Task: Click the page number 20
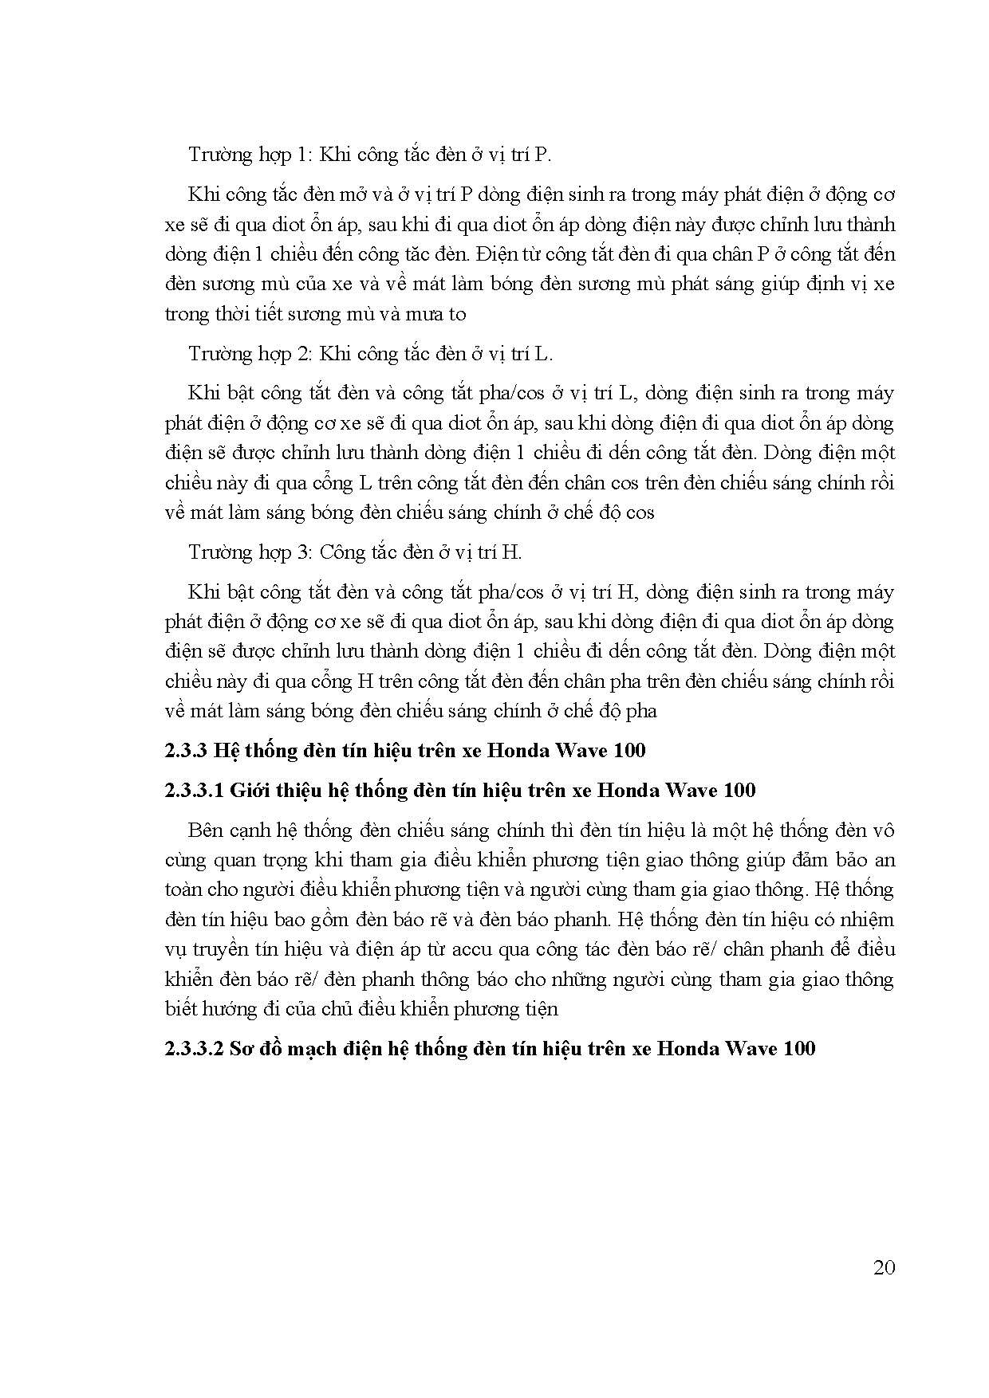click(884, 1268)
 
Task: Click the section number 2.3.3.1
click(193, 790)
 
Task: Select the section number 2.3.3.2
click(193, 1048)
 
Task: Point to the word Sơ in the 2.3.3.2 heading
click(240, 1048)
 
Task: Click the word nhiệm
click(865, 920)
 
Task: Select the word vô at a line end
click(884, 831)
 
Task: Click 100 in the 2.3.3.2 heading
click(799, 1048)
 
